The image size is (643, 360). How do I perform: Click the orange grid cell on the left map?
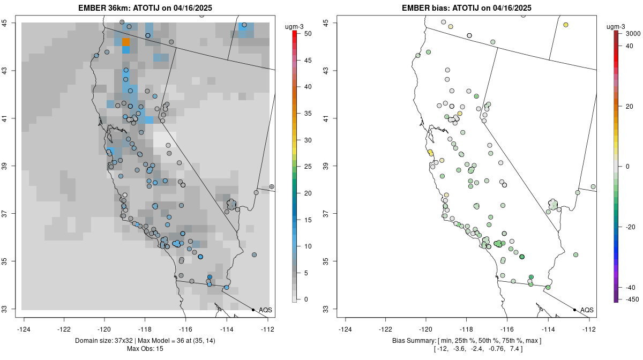tap(126, 42)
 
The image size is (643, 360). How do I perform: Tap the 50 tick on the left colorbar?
tap(308, 34)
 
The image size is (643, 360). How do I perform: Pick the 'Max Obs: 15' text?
tap(145, 349)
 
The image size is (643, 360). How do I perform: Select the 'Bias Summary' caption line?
tap(467, 341)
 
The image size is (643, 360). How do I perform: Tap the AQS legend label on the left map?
tap(266, 310)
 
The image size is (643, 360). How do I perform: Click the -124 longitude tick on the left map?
tap(24, 324)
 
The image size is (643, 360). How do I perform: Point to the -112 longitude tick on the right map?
tap(589, 324)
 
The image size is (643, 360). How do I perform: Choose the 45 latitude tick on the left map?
tap(11, 23)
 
